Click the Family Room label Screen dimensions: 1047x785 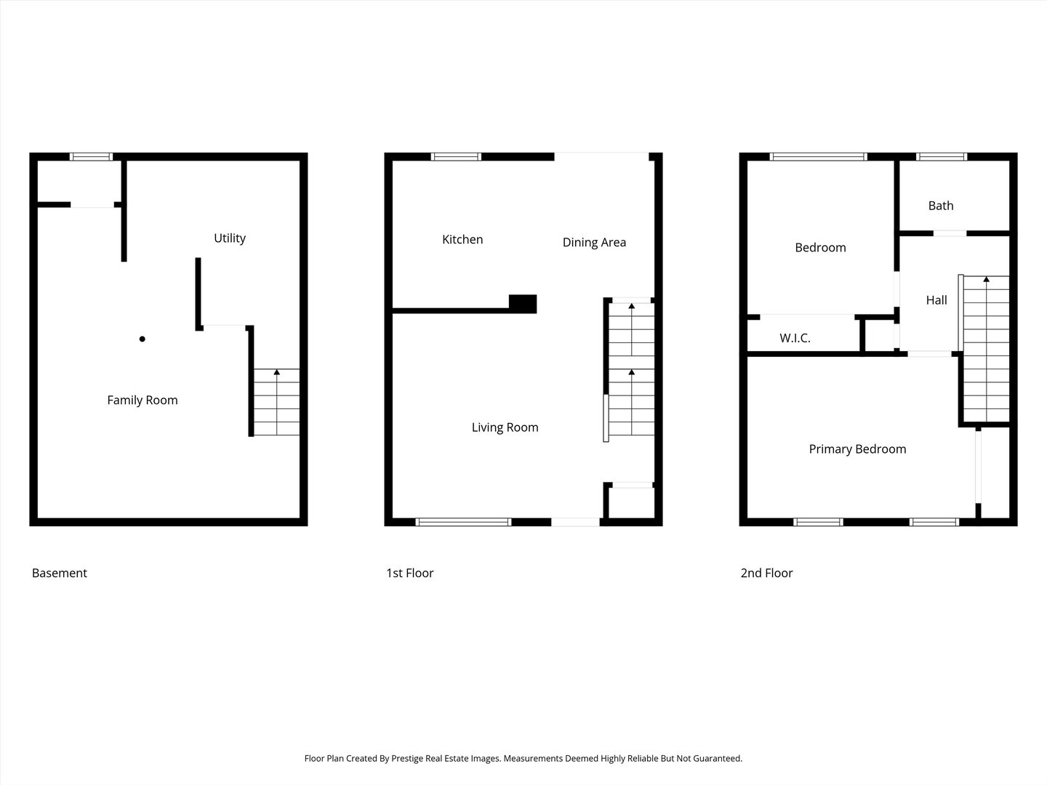pyautogui.click(x=142, y=400)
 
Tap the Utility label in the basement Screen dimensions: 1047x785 pyautogui.click(x=230, y=238)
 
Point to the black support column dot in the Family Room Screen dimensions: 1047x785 pyautogui.click(x=142, y=339)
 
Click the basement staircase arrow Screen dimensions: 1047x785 pyautogui.click(x=277, y=402)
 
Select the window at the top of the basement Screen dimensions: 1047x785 pyautogui.click(x=91, y=157)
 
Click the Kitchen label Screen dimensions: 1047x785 pyautogui.click(x=462, y=239)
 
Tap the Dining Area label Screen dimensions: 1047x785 pyautogui.click(x=594, y=243)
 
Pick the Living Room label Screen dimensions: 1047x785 pyautogui.click(x=505, y=427)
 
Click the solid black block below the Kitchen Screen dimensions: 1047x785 pyautogui.click(x=523, y=304)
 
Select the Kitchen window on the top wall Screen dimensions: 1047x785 pyautogui.click(x=456, y=157)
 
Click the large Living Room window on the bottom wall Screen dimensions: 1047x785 pyautogui.click(x=463, y=522)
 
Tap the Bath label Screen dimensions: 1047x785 pyautogui.click(x=941, y=206)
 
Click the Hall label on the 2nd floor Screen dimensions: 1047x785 pyautogui.click(x=936, y=300)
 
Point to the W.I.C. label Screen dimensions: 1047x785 pyautogui.click(x=795, y=339)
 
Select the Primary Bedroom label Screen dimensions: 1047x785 pyautogui.click(x=857, y=449)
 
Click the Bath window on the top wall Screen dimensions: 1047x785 pyautogui.click(x=942, y=157)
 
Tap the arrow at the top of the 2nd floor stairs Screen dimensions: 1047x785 pyautogui.click(x=987, y=279)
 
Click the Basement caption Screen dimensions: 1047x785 pyautogui.click(x=59, y=573)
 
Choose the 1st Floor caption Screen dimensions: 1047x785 pyautogui.click(x=410, y=573)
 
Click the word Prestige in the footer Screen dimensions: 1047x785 pyautogui.click(x=407, y=758)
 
